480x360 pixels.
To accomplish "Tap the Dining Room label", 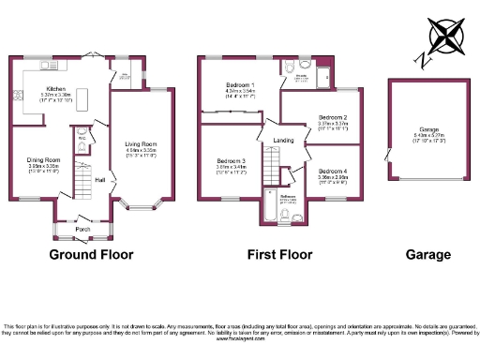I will [43, 160].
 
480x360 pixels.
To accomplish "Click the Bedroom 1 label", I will [241, 86].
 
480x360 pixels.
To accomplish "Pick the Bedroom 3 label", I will [231, 160].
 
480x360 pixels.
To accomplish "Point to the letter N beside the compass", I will [423, 60].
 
